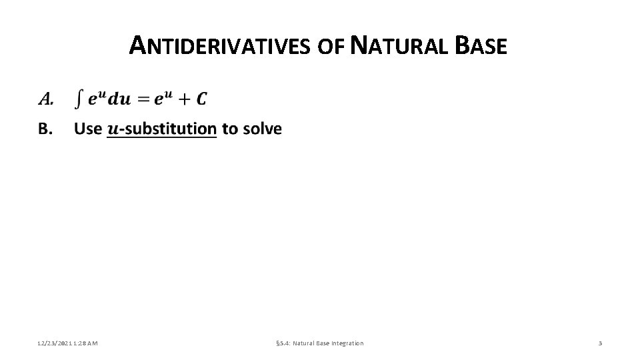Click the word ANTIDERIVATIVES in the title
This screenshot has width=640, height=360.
tap(220, 46)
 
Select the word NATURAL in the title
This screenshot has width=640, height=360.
tap(400, 46)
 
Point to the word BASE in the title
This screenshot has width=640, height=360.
tap(481, 46)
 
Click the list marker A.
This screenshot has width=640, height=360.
tap(45, 99)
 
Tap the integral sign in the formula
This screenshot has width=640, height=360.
tap(79, 99)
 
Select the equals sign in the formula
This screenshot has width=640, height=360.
tap(143, 99)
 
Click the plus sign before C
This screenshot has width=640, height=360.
tap(184, 99)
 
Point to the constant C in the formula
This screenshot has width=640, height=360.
tap(201, 99)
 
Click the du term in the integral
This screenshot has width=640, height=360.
tap(119, 99)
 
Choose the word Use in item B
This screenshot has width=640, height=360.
tap(88, 129)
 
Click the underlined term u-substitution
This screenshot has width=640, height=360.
tap(162, 129)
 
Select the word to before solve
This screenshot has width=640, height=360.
tap(229, 129)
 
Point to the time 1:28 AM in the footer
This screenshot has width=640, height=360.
tap(86, 343)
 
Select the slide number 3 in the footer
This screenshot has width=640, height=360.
tap(600, 343)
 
